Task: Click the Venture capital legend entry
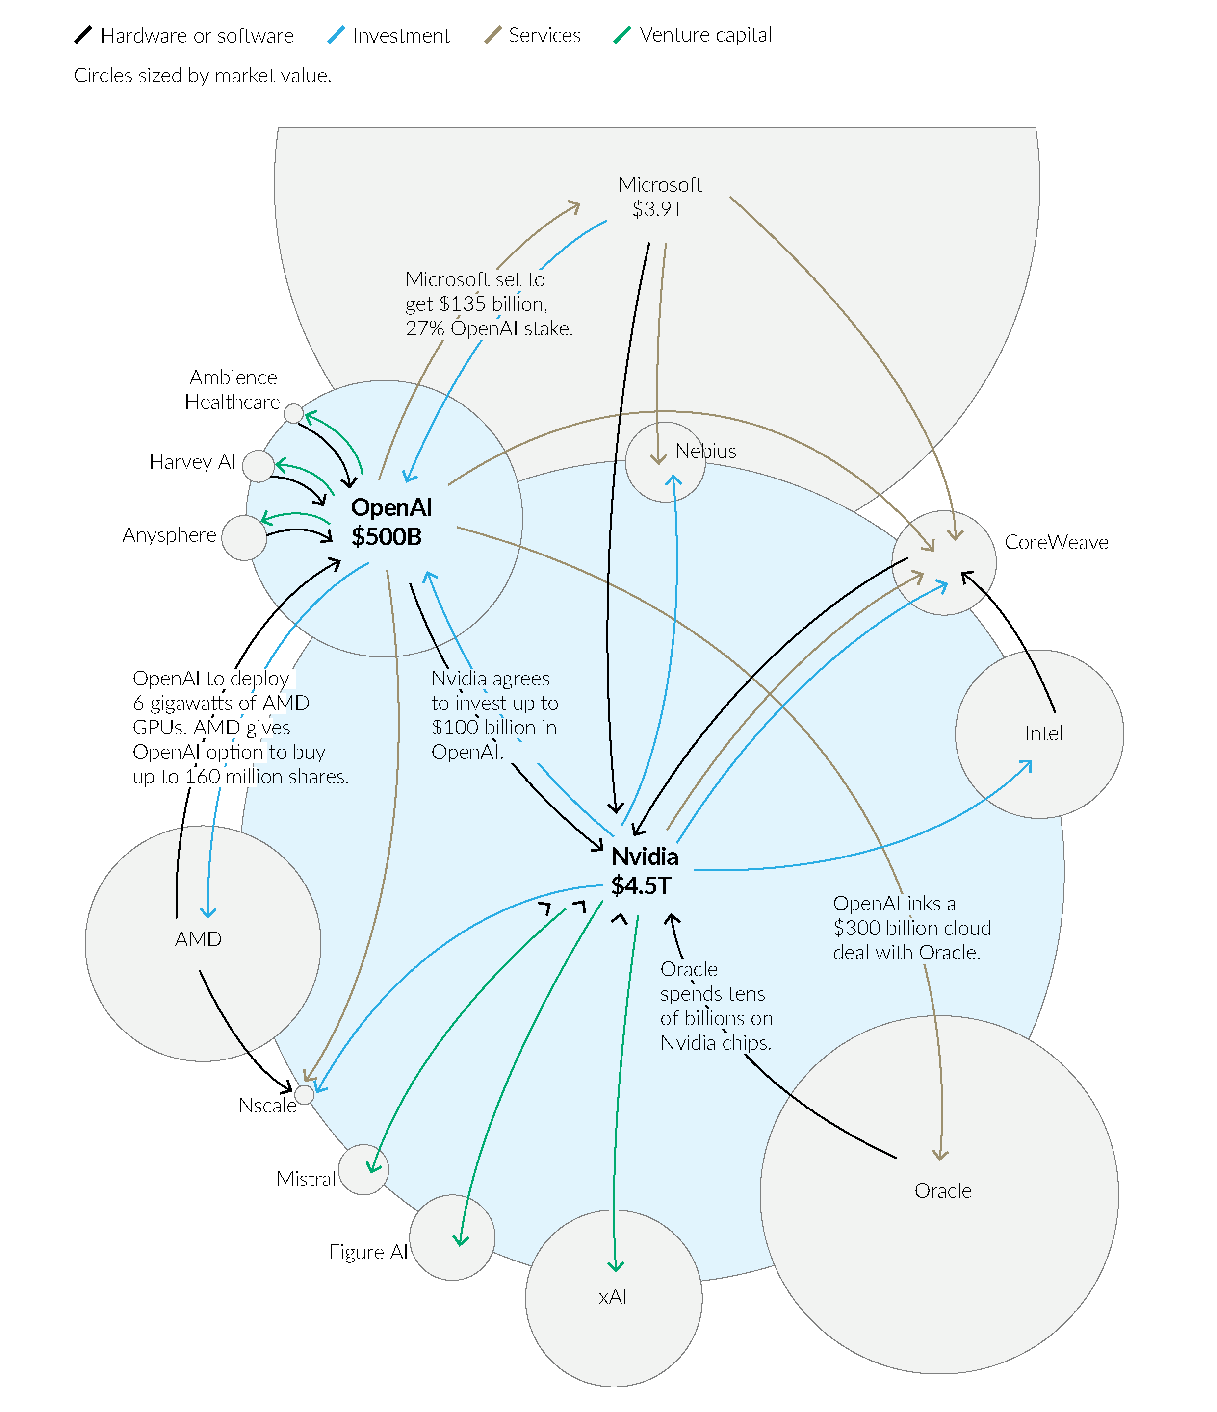click(693, 35)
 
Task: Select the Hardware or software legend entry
click(184, 35)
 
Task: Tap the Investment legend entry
click(388, 35)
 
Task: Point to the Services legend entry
click(533, 35)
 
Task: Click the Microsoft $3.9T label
click(659, 197)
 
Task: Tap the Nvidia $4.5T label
click(644, 871)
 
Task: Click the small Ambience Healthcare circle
click(293, 413)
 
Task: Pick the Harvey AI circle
click(259, 466)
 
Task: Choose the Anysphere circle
click(244, 538)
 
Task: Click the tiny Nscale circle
click(305, 1094)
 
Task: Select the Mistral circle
click(363, 1169)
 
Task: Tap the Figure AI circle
click(452, 1237)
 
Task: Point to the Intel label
click(1043, 733)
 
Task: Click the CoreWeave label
click(1056, 542)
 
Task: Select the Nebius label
click(706, 451)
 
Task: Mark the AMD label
click(198, 939)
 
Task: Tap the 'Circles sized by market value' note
click(203, 76)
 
